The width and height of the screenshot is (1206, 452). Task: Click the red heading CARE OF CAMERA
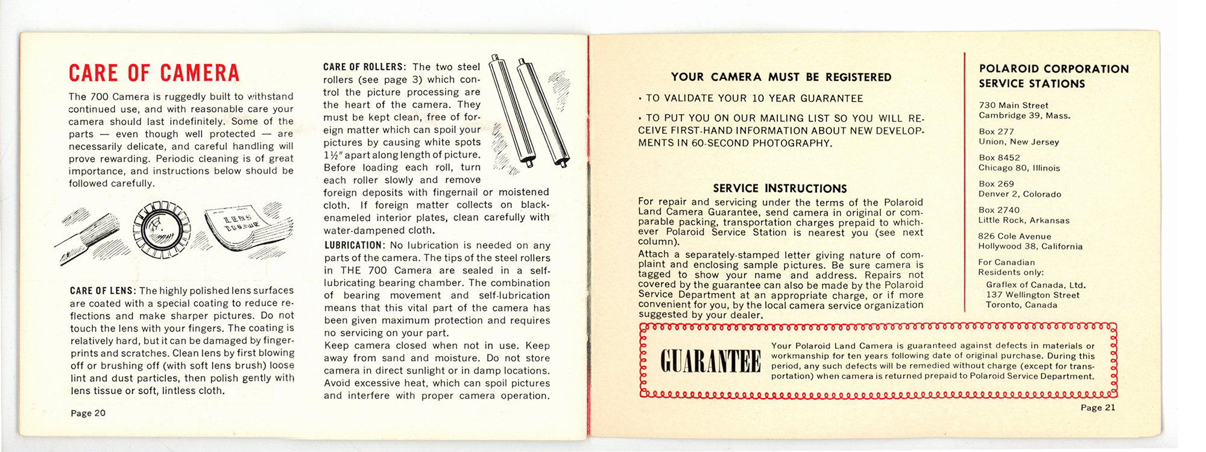(x=154, y=73)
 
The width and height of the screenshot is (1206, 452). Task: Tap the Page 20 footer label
(x=88, y=413)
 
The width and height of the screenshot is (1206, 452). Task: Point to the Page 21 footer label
(x=1097, y=407)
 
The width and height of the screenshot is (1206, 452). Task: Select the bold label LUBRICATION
(x=353, y=245)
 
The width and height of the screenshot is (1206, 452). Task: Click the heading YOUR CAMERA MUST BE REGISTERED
(x=781, y=77)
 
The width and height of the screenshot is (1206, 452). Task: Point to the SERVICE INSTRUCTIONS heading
(x=780, y=188)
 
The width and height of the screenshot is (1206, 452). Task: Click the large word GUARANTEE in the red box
(x=710, y=361)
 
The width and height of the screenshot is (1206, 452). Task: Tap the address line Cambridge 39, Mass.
(x=1024, y=116)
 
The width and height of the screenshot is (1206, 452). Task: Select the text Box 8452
(x=999, y=157)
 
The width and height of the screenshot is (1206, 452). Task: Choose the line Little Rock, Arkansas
(x=1024, y=221)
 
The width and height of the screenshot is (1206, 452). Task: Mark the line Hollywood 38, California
(x=1031, y=246)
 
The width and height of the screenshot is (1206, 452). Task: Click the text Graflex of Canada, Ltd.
(x=1035, y=285)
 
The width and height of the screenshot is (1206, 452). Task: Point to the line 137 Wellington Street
(x=1032, y=295)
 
